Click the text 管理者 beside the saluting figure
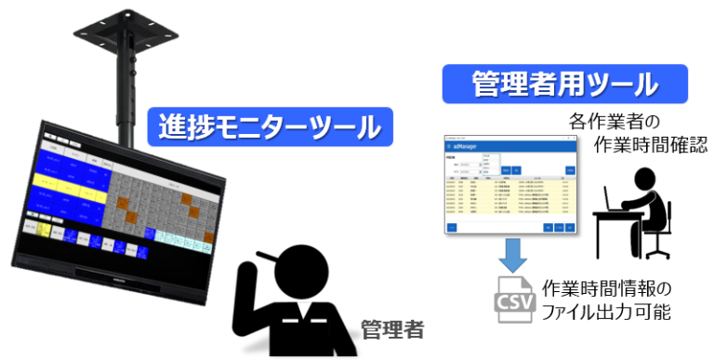click(392, 328)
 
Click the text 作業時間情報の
click(604, 287)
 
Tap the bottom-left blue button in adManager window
click(452, 226)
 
